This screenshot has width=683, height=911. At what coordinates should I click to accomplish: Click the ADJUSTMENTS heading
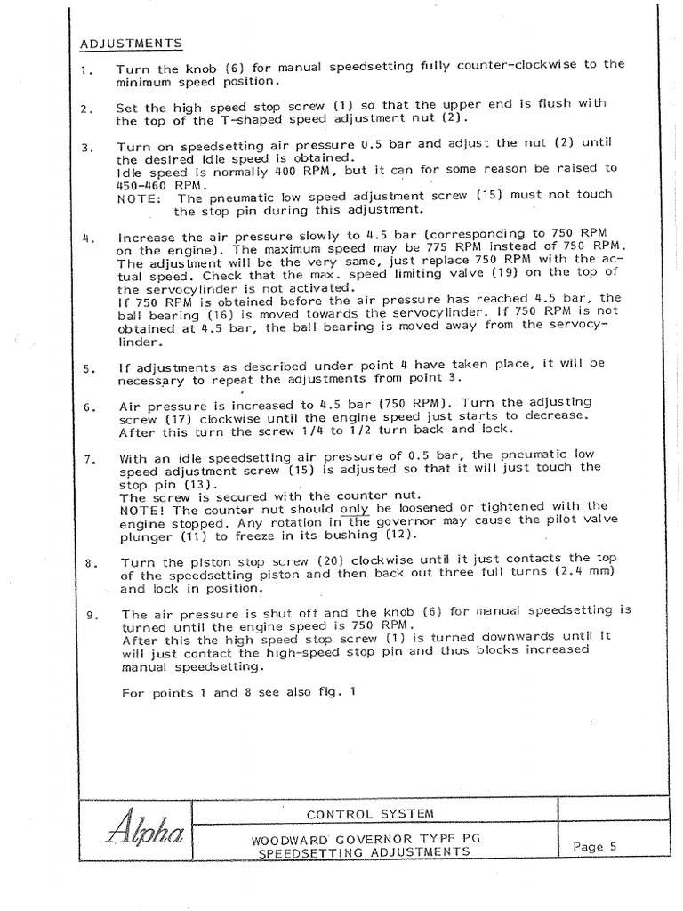(132, 43)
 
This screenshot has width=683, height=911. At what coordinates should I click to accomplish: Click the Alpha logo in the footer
(145, 833)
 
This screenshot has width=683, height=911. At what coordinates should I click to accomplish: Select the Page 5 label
(595, 847)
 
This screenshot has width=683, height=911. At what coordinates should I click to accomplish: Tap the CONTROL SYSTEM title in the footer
(370, 813)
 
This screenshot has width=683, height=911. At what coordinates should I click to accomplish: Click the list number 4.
(86, 238)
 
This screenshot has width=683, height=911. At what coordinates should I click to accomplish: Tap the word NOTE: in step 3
(138, 198)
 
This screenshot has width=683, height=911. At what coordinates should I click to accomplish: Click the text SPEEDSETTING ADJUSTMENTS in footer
(364, 852)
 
